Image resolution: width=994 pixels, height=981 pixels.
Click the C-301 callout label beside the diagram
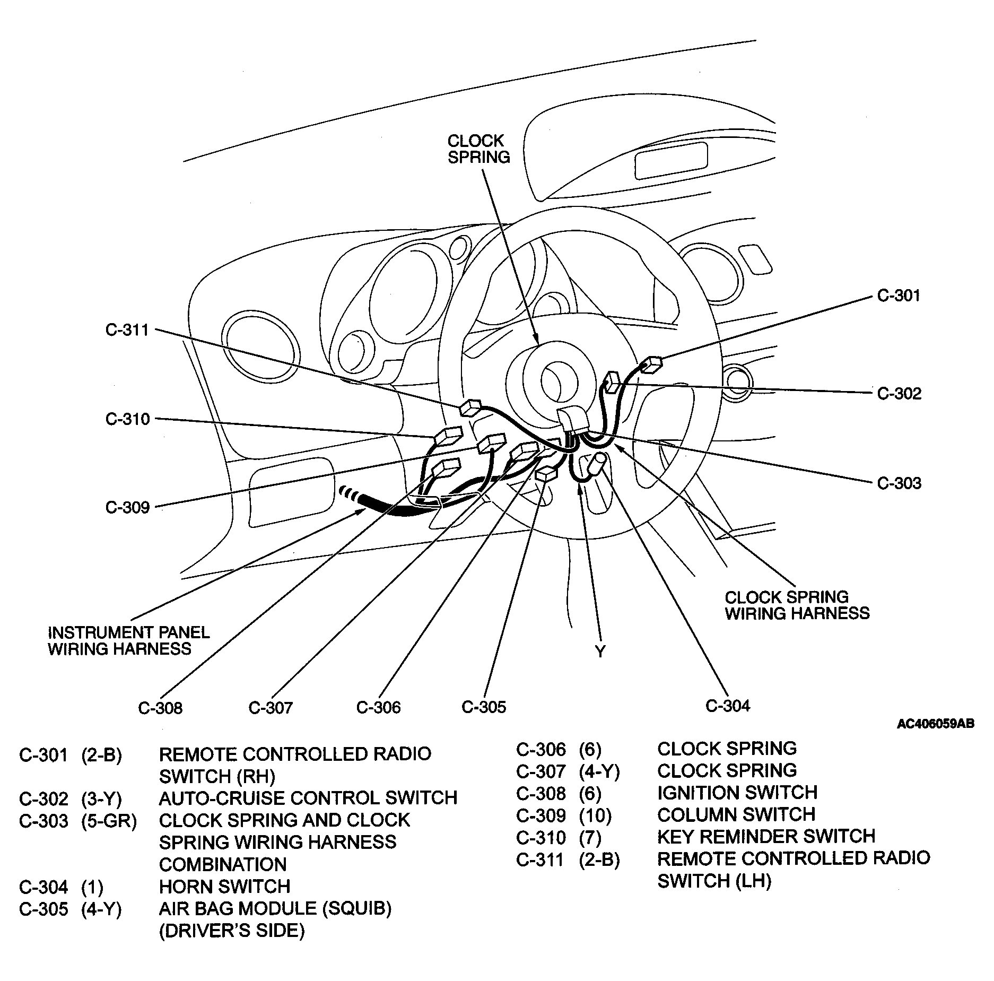pyautogui.click(x=899, y=296)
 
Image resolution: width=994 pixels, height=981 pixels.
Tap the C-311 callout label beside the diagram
pyautogui.click(x=127, y=330)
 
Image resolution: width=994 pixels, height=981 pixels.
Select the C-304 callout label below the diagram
pyautogui.click(x=728, y=706)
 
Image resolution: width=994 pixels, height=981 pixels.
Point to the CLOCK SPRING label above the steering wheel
pyautogui.click(x=478, y=149)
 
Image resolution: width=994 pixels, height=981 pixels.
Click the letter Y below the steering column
pyautogui.click(x=600, y=652)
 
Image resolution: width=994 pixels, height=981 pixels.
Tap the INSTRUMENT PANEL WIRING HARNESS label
pyautogui.click(x=128, y=640)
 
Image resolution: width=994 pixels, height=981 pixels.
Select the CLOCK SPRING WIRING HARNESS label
pyautogui.click(x=797, y=605)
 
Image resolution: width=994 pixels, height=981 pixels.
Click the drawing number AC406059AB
pyautogui.click(x=936, y=724)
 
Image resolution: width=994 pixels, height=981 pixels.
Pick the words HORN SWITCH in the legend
pyautogui.click(x=225, y=887)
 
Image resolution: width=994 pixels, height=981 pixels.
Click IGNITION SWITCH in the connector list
pyautogui.click(x=737, y=793)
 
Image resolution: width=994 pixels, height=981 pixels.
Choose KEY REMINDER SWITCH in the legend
pyautogui.click(x=766, y=837)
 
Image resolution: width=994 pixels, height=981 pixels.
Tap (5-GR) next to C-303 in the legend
pyautogui.click(x=109, y=821)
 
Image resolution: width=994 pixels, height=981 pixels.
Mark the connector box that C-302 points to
pyautogui.click(x=612, y=382)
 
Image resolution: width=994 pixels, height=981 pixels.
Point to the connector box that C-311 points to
pyautogui.click(x=470, y=407)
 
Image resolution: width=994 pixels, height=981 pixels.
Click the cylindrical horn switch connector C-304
pyautogui.click(x=596, y=465)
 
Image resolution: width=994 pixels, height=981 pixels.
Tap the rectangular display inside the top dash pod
pyautogui.click(x=671, y=163)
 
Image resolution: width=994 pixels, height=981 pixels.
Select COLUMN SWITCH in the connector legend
pyautogui.click(x=736, y=814)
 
